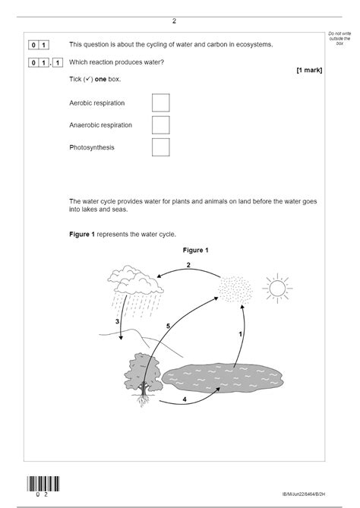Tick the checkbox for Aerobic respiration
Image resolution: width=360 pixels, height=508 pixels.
[x=160, y=103]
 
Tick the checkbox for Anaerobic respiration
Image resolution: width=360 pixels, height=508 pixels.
[x=160, y=125]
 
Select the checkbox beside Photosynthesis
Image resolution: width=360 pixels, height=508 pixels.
[x=160, y=147]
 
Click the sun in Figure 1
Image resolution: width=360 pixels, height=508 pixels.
[x=276, y=288]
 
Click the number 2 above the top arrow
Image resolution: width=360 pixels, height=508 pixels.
[x=188, y=265]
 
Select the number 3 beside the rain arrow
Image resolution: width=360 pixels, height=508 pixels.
[x=117, y=322]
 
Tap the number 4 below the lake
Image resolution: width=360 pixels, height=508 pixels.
[x=185, y=398]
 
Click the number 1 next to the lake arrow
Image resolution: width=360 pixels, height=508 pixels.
[x=240, y=334]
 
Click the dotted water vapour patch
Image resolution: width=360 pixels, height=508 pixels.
[x=232, y=289]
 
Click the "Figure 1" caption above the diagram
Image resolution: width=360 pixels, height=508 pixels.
[x=195, y=250]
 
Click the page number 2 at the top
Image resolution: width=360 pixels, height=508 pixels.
[x=174, y=21]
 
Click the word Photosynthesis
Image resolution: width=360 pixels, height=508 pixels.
[x=92, y=147]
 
